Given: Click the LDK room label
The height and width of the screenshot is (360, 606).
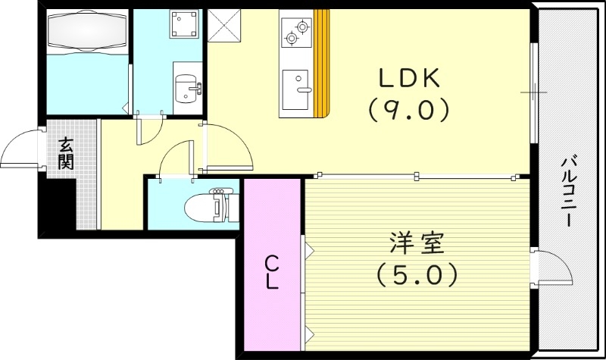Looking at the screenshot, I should tap(409, 78).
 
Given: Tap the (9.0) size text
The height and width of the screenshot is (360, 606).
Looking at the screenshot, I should tap(409, 111).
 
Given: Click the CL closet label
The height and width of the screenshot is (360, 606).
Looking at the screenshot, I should tap(272, 274).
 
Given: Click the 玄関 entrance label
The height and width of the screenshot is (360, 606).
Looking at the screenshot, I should tap(67, 151).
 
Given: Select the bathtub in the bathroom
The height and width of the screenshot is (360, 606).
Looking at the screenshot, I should tap(85, 33).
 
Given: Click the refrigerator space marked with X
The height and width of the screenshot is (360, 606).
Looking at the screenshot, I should tap(223, 26).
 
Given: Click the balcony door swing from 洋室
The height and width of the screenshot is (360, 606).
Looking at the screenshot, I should tap(554, 269).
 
